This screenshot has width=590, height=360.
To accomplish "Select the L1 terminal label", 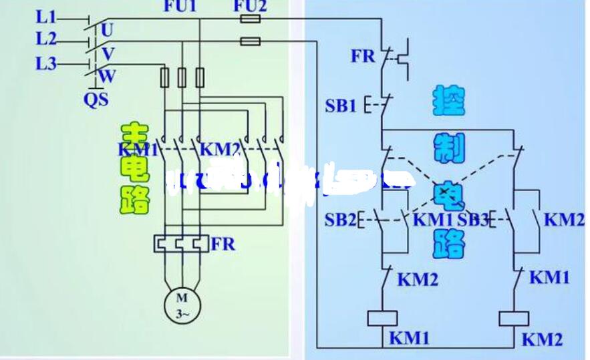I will pos(47,15).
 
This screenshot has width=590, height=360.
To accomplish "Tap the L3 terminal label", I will pos(47,64).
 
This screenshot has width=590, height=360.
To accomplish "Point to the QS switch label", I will pos(96,100).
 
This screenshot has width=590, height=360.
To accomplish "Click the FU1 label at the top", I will pos(180,7).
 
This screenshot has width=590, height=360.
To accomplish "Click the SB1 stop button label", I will pos(341,105).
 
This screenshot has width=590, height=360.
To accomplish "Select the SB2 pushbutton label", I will pos(341,220).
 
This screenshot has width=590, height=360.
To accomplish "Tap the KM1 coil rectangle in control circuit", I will pos(384,317).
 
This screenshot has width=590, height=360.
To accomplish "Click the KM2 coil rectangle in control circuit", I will pos(515,317).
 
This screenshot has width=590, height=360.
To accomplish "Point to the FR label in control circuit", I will pos(363,56).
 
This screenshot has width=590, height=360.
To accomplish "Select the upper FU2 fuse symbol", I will pos(250,20).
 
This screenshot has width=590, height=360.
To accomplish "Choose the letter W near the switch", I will pos(107,76).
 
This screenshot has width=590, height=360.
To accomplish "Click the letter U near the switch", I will pos(108,29).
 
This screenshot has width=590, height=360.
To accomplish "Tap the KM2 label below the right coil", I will pos(542,339).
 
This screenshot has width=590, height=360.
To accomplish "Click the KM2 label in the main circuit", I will pos(220,148).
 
